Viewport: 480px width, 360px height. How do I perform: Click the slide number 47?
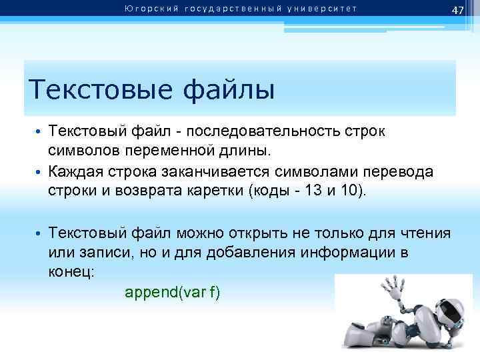(x=457, y=10)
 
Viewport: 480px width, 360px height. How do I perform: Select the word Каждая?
(x=75, y=172)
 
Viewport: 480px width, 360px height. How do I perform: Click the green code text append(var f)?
(x=173, y=292)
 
